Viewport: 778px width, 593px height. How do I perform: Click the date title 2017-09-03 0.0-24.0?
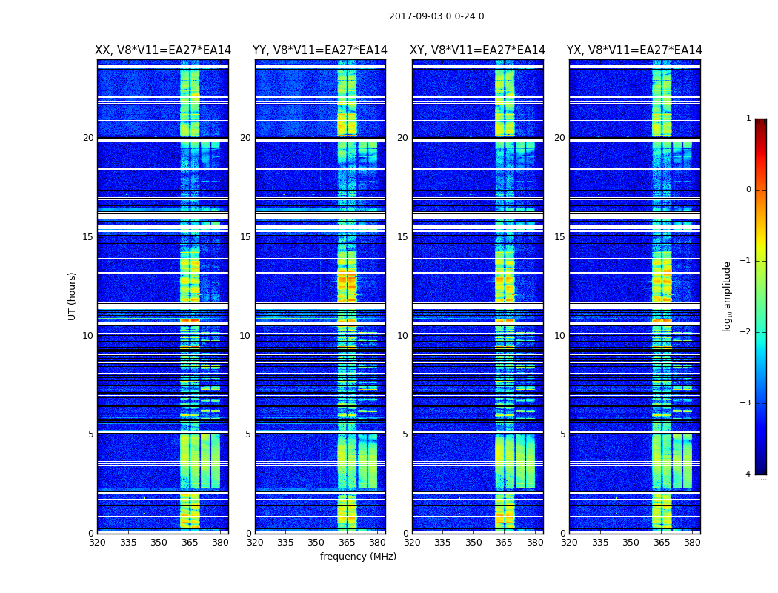[436, 16]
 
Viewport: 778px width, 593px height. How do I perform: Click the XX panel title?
[163, 50]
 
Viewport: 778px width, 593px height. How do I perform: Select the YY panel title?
[320, 50]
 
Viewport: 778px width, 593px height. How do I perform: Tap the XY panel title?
[477, 50]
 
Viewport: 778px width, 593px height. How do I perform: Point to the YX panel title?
[634, 50]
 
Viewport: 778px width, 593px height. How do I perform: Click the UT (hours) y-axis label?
[73, 296]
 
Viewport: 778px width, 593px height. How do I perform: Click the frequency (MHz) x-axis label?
[358, 557]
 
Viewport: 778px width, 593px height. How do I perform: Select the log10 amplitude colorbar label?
[728, 296]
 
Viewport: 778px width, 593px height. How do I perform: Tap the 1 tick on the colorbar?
[748, 119]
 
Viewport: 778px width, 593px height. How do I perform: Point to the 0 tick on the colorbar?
[748, 190]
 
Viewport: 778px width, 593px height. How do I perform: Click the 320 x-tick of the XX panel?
[98, 543]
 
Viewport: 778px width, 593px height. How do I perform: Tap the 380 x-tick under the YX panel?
[692, 543]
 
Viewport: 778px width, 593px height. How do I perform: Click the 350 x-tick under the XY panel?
[473, 543]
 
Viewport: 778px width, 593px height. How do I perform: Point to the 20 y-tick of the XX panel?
[88, 138]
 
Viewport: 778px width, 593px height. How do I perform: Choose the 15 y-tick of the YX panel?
[560, 237]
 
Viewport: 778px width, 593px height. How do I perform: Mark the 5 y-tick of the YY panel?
[248, 434]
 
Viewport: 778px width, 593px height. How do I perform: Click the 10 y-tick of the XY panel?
[402, 336]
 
